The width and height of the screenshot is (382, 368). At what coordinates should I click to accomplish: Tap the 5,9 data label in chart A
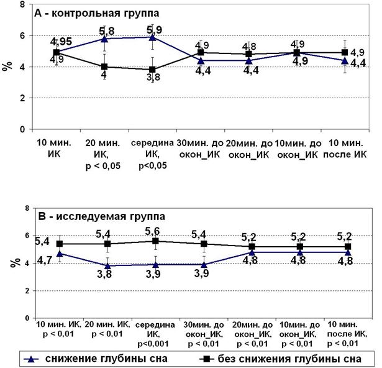(x=153, y=29)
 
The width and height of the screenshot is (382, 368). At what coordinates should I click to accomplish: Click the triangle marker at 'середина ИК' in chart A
(x=153, y=37)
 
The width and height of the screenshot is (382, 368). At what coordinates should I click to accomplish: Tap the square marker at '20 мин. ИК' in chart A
(x=105, y=67)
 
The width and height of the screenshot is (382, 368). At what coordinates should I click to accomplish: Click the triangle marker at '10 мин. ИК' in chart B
(x=60, y=253)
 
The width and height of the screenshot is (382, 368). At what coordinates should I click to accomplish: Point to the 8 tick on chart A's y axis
(x=22, y=4)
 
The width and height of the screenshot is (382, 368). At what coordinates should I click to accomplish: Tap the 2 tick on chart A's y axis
(x=22, y=98)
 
